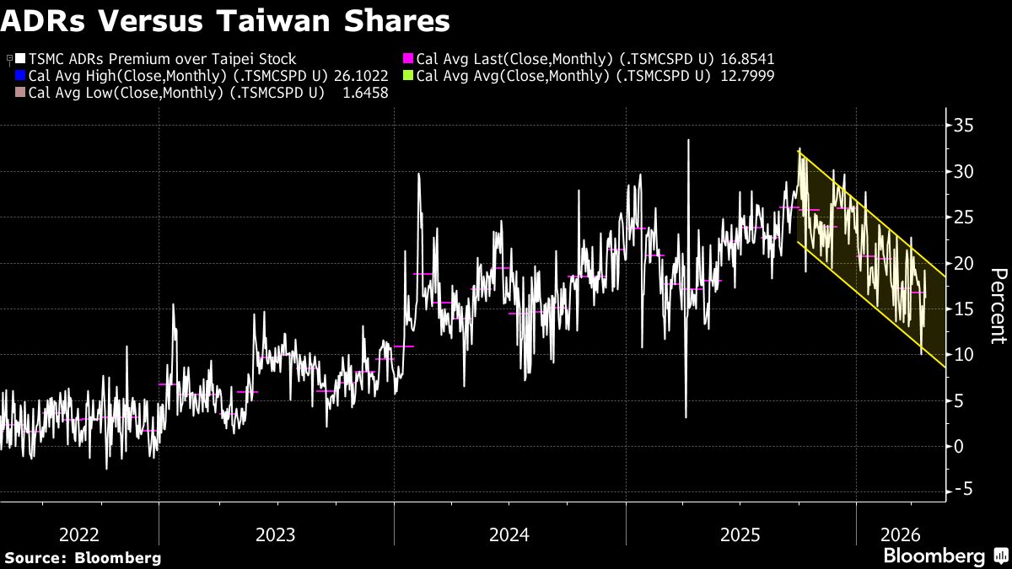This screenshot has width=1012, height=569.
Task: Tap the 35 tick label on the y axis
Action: tap(964, 126)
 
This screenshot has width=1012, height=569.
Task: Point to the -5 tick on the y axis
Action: tap(964, 491)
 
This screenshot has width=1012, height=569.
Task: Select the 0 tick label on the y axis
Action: tap(959, 446)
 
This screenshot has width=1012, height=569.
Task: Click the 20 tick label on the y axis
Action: tap(964, 263)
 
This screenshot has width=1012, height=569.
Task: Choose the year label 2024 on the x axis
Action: tap(509, 535)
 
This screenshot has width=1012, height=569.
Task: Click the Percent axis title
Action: tap(999, 305)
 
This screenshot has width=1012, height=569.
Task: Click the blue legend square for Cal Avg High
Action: tap(21, 76)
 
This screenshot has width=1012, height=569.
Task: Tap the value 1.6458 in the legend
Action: tap(365, 93)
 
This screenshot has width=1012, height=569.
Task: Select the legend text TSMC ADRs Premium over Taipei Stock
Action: tap(162, 59)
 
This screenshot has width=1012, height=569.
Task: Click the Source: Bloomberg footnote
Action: tap(83, 557)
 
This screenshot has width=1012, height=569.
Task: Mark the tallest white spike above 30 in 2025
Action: tap(688, 141)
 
